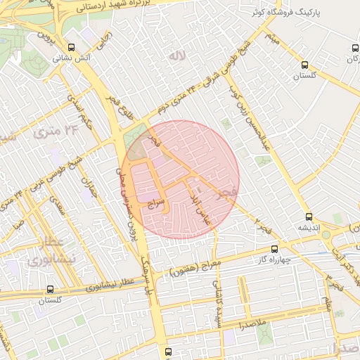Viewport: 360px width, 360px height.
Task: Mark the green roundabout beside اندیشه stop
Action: click(x=326, y=235)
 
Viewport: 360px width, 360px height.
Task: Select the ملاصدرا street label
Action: click(x=252, y=323)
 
